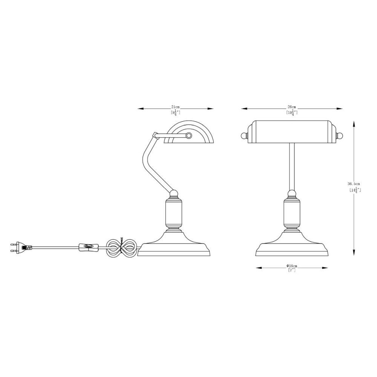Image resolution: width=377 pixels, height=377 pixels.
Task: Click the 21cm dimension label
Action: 176,106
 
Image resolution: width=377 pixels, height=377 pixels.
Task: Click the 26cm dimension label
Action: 292,107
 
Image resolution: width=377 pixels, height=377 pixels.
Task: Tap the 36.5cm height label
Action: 354,184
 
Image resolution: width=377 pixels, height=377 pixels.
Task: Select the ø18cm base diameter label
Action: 292,266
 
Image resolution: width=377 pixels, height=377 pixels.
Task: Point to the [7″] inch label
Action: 292,270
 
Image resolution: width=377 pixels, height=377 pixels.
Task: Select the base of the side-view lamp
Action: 174,244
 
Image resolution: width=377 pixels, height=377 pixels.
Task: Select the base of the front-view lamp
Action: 292,244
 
